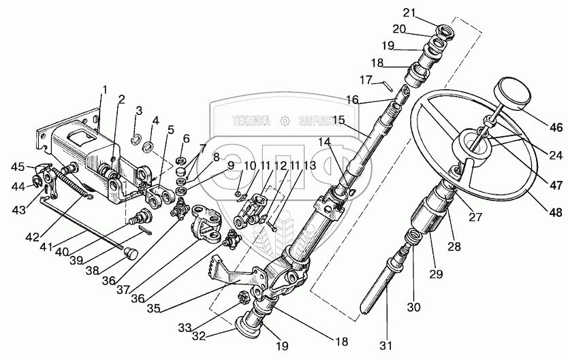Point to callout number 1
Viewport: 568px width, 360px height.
(106, 89)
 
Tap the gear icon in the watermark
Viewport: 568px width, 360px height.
(287, 121)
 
